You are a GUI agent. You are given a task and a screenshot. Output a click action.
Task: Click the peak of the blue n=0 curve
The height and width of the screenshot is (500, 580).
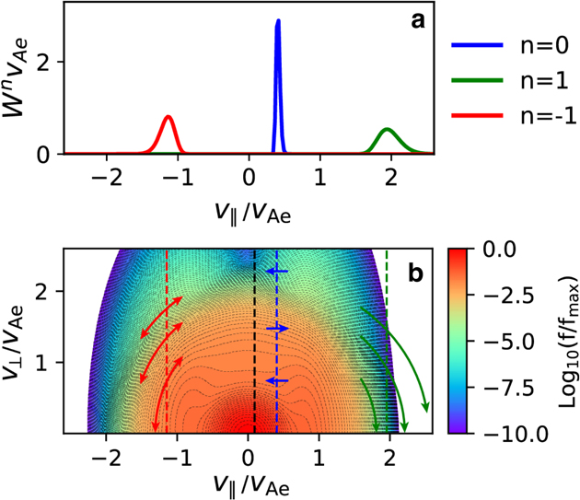point(278,21)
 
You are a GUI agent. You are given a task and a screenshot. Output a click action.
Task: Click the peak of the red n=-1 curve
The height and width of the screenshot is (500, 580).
point(168,117)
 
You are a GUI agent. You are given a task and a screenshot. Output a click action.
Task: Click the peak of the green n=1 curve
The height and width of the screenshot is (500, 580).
point(388,129)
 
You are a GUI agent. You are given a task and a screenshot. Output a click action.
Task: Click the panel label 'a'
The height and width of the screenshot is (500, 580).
point(416,20)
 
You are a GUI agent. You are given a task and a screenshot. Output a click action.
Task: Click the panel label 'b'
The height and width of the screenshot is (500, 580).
point(416,273)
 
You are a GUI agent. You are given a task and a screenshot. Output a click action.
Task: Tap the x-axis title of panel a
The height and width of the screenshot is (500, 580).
point(248,211)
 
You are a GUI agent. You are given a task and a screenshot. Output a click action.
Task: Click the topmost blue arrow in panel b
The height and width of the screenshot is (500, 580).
point(276,271)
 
